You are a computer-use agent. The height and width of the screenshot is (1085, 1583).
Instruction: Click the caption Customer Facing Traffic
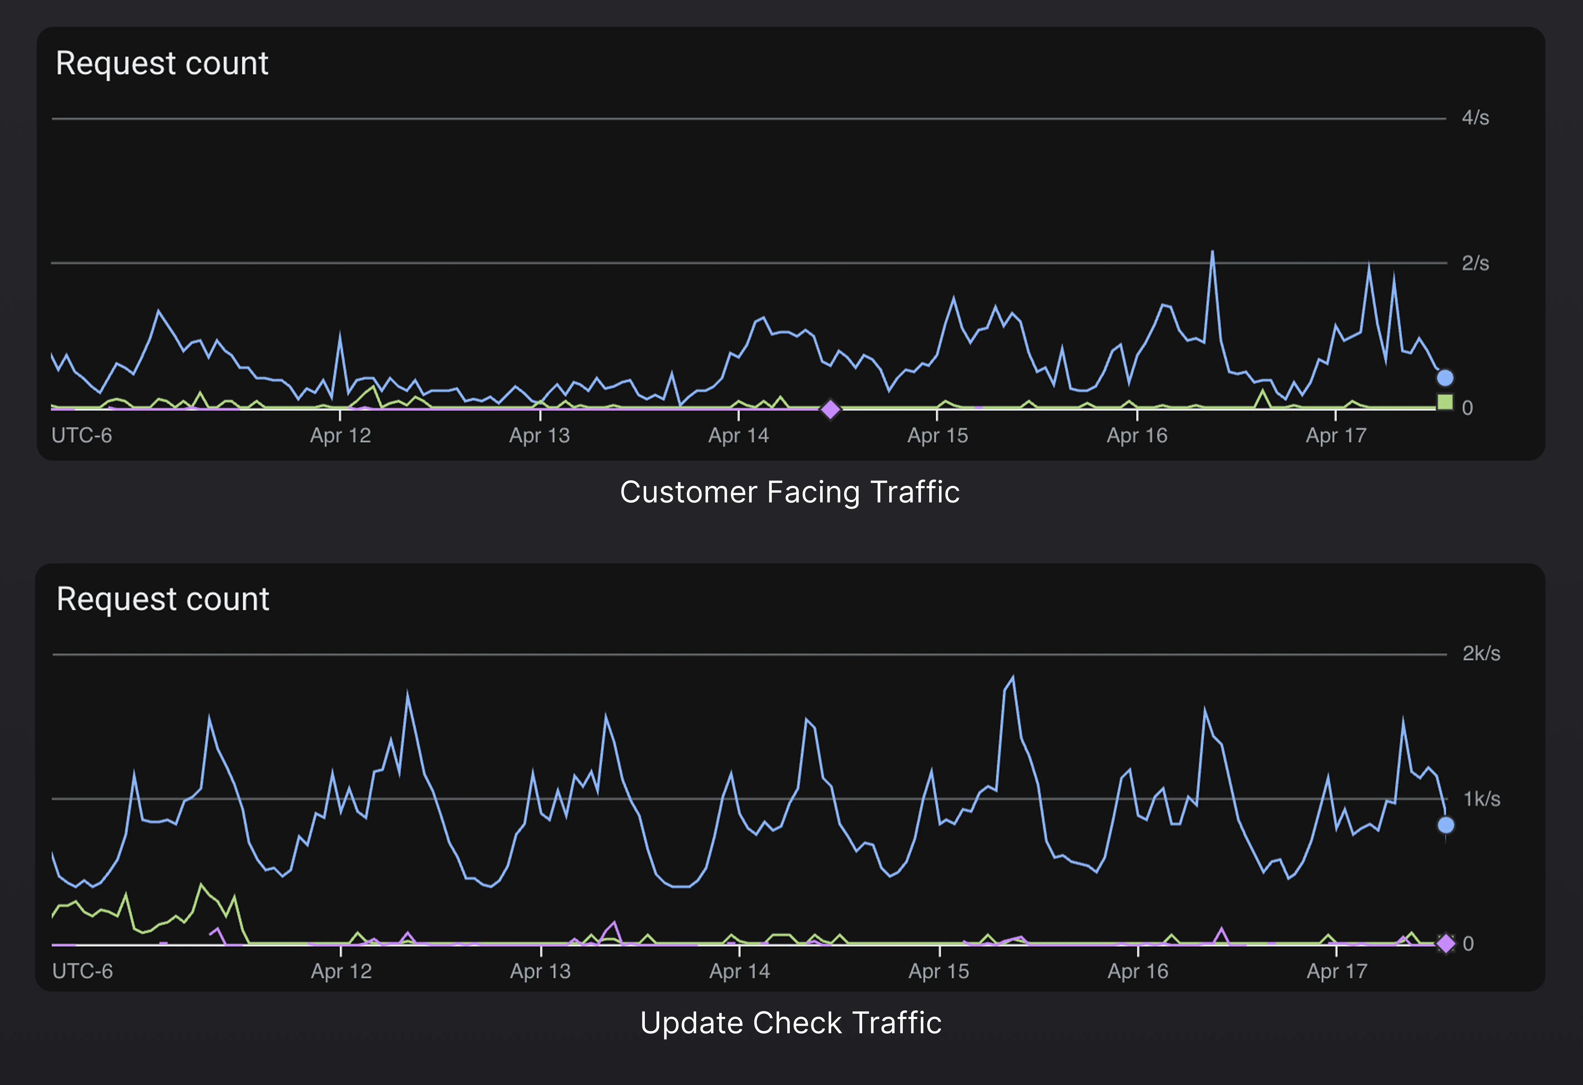click(x=790, y=492)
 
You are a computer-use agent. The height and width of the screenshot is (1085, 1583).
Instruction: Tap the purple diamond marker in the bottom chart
click(x=1446, y=943)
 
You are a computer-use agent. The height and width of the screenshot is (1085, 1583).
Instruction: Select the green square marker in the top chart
click(x=1445, y=402)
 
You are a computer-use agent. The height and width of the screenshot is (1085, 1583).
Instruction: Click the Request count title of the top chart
click(x=162, y=63)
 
